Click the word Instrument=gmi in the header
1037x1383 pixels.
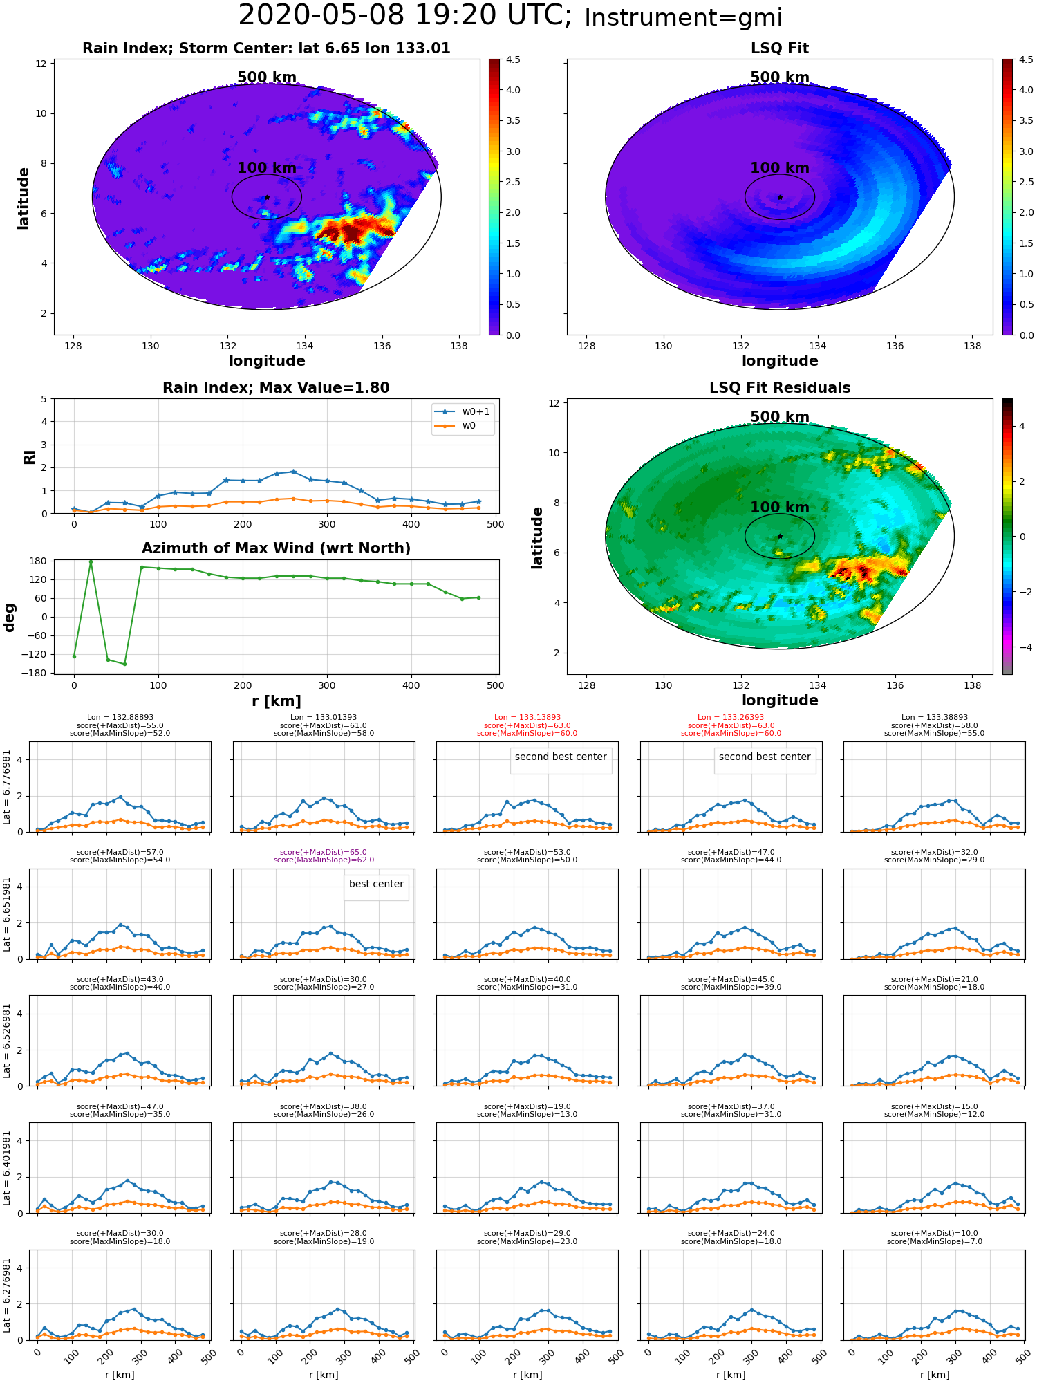(x=683, y=17)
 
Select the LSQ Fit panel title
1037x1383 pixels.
(x=780, y=48)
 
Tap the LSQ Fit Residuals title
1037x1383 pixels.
(x=780, y=388)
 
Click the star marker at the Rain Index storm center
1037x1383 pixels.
(x=267, y=197)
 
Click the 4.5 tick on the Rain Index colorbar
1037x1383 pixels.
(x=512, y=59)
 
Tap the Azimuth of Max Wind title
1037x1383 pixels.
(x=276, y=548)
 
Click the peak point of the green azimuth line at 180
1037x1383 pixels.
(x=91, y=561)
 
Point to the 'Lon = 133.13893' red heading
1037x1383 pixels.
(x=527, y=718)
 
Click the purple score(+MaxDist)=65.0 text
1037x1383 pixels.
(x=324, y=853)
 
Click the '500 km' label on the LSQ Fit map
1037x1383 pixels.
(x=780, y=77)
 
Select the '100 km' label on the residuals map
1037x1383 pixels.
(x=780, y=508)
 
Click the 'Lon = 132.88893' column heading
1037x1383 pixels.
(x=120, y=718)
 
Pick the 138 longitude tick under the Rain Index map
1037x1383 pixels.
(x=459, y=346)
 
